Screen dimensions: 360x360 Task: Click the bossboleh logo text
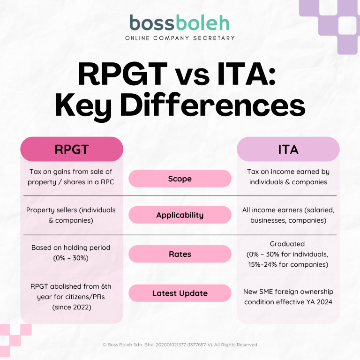click(x=180, y=22)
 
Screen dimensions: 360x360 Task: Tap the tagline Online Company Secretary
click(x=180, y=38)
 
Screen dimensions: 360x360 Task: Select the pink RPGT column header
click(x=71, y=150)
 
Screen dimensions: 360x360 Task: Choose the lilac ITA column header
click(x=288, y=150)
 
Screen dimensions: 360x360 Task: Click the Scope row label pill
click(x=180, y=179)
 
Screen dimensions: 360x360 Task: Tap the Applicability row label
click(x=180, y=215)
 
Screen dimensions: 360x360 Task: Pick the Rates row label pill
click(x=180, y=254)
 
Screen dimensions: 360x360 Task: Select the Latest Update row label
click(x=180, y=293)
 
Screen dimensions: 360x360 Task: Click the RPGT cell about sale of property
click(x=71, y=177)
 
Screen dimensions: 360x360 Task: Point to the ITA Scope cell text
click(x=288, y=177)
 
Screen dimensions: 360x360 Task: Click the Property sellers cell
click(x=71, y=215)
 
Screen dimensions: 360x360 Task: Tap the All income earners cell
click(x=288, y=215)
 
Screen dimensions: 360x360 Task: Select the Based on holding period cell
click(x=71, y=252)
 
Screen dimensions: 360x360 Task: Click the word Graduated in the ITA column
click(x=288, y=244)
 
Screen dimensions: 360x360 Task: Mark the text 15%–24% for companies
click(x=288, y=264)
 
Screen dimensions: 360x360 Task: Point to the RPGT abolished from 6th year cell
click(x=71, y=296)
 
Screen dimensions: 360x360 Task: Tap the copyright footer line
click(x=180, y=345)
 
